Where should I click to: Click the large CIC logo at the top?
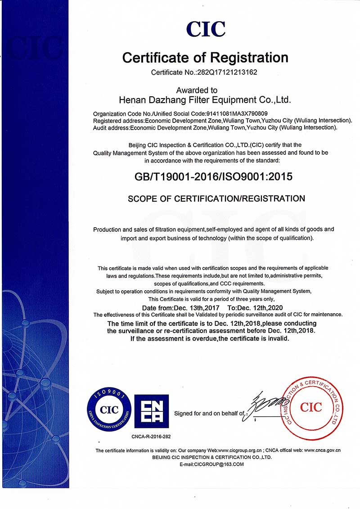[x=206, y=29]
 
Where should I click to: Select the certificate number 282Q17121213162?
[x=231, y=72]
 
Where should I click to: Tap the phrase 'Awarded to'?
[x=197, y=90]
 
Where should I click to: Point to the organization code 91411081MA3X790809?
[x=236, y=114]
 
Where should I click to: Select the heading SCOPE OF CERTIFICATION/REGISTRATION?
[x=216, y=198]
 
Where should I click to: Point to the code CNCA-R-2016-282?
[x=151, y=437]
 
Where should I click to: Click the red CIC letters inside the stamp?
[x=311, y=408]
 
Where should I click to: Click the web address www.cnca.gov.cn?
[x=322, y=450]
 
